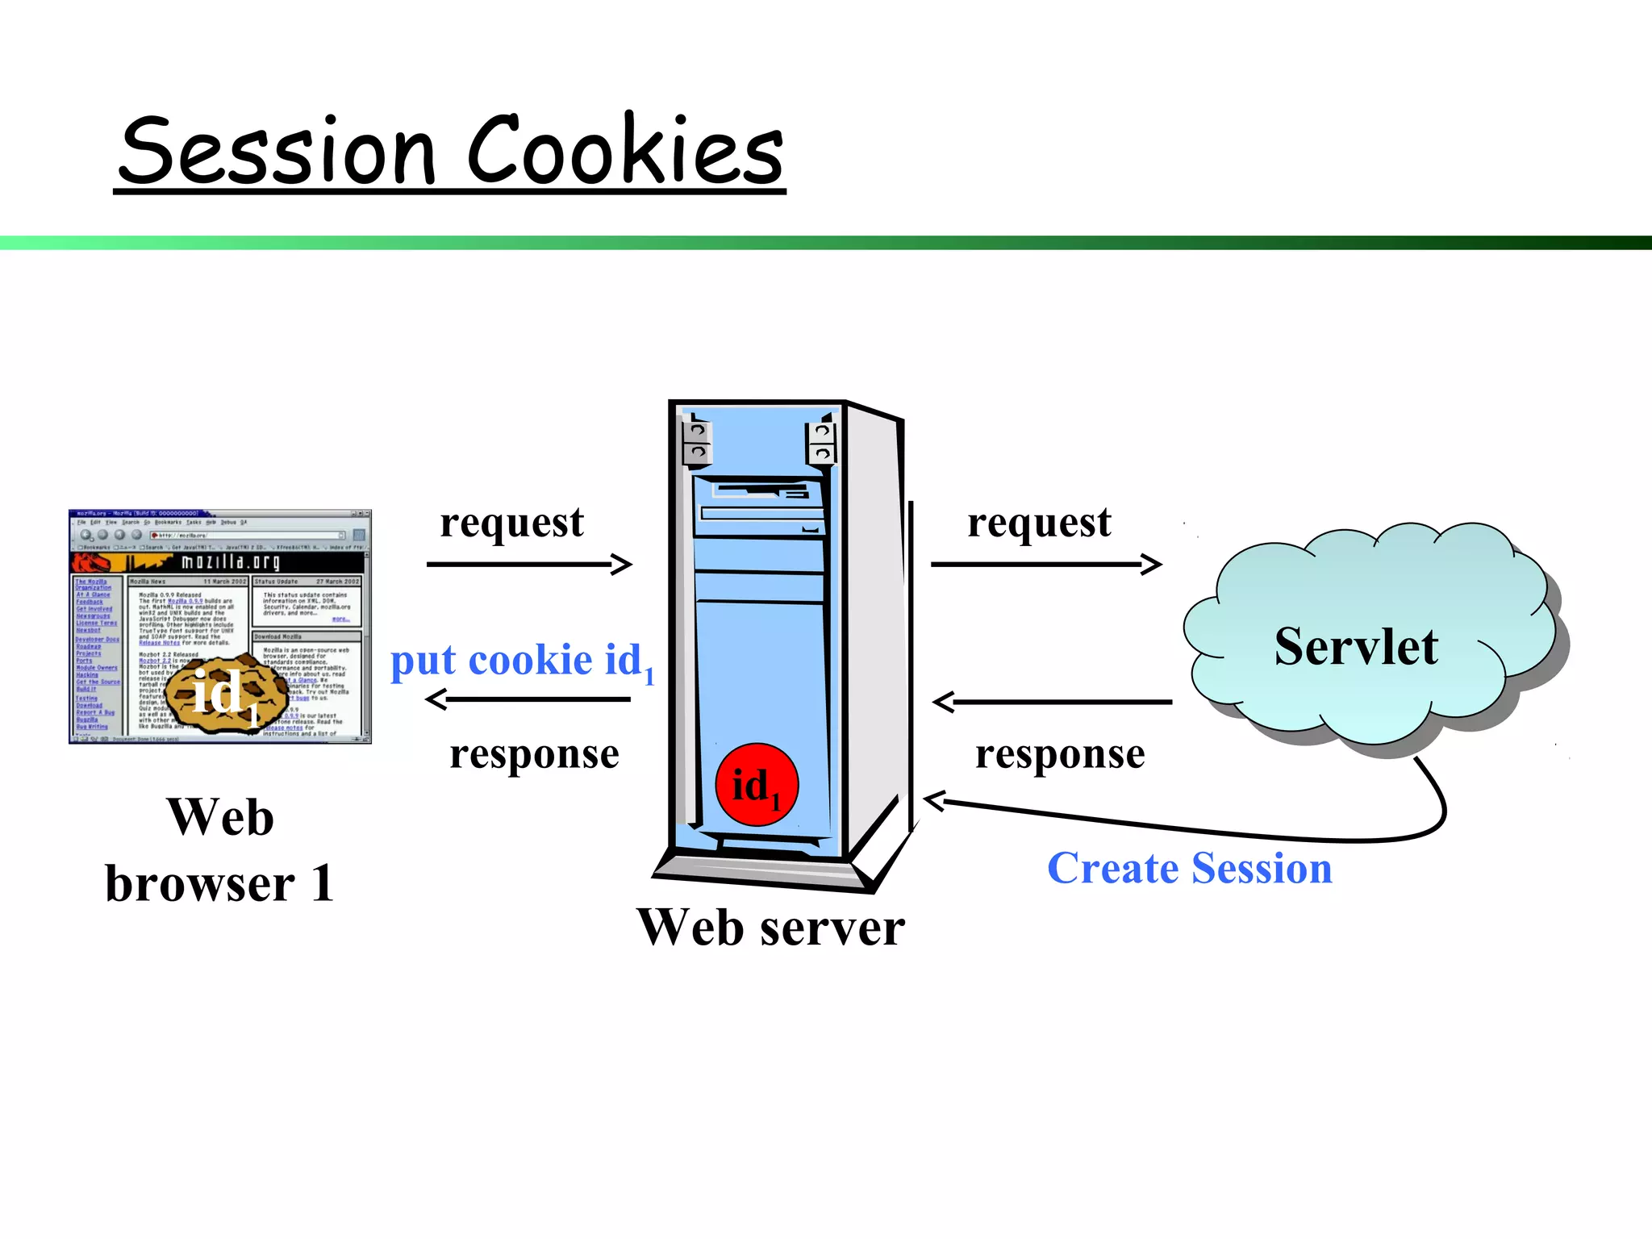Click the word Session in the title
pyautogui.click(x=278, y=152)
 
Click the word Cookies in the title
pyautogui.click(x=625, y=150)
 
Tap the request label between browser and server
pyautogui.click(x=511, y=523)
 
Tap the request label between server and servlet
pyautogui.click(x=1039, y=523)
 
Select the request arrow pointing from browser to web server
pyautogui.click(x=528, y=564)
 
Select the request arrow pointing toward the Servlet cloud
pyautogui.click(x=1045, y=564)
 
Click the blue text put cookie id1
pyautogui.click(x=521, y=661)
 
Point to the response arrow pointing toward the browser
pyautogui.click(x=528, y=699)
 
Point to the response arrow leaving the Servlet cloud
pyautogui.click(x=1052, y=702)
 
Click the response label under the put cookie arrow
pyautogui.click(x=534, y=754)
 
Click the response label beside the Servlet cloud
pyautogui.click(x=1059, y=754)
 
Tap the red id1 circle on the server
pyautogui.click(x=757, y=785)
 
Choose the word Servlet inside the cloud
pyautogui.click(x=1356, y=647)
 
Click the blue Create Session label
pyautogui.click(x=1189, y=869)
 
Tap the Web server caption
pyautogui.click(x=770, y=928)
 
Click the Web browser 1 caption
pyautogui.click(x=219, y=850)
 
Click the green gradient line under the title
pyautogui.click(x=826, y=243)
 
